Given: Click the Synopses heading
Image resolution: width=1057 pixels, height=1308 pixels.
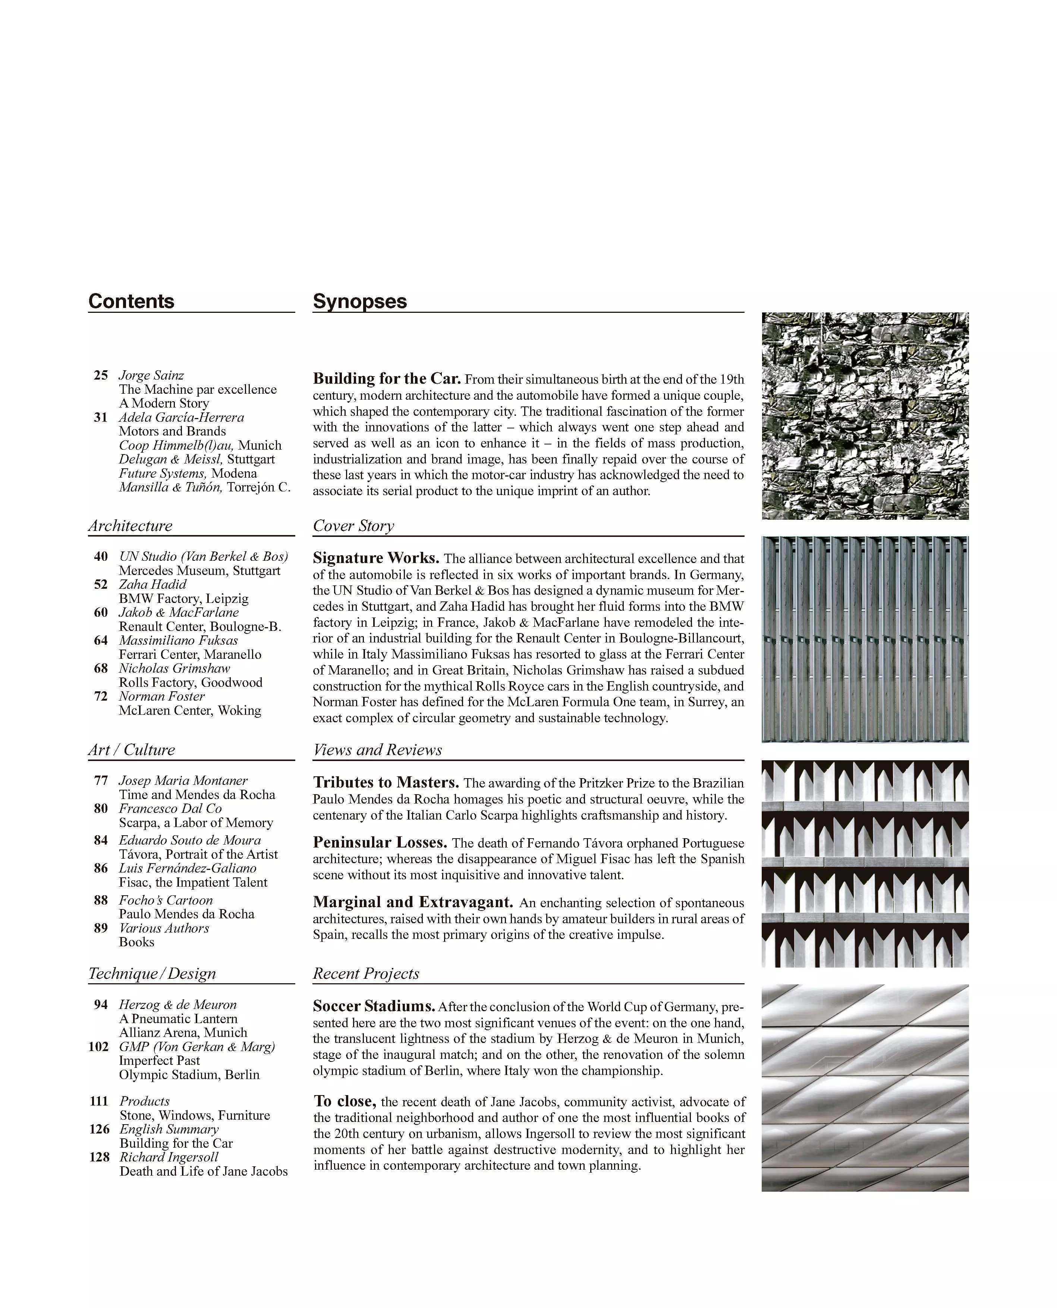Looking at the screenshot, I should (x=359, y=301).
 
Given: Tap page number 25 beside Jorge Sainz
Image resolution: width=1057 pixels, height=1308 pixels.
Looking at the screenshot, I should (x=100, y=375).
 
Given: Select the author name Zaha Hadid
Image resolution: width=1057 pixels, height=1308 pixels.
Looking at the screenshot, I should (x=152, y=584).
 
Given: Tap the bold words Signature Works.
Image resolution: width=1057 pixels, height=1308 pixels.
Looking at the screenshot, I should (x=376, y=558).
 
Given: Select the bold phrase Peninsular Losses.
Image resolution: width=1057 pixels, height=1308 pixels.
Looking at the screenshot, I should (x=380, y=843).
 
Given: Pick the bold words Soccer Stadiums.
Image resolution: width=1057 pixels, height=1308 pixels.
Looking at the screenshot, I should (x=374, y=1006).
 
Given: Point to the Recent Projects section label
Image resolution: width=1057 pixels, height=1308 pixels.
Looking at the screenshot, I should (x=366, y=973).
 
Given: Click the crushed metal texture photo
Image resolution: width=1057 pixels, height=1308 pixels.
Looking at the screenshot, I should (x=865, y=416).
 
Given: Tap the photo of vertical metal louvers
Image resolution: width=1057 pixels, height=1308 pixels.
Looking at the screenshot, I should (x=865, y=639).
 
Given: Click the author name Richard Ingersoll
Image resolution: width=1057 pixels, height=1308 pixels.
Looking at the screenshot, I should (x=169, y=1157).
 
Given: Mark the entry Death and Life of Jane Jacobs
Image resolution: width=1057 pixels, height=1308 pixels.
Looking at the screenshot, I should (x=203, y=1171).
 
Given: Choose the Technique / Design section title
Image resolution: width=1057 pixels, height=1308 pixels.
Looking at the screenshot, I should (x=152, y=973).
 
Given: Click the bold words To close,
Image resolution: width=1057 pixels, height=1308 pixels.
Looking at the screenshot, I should (x=345, y=1101).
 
